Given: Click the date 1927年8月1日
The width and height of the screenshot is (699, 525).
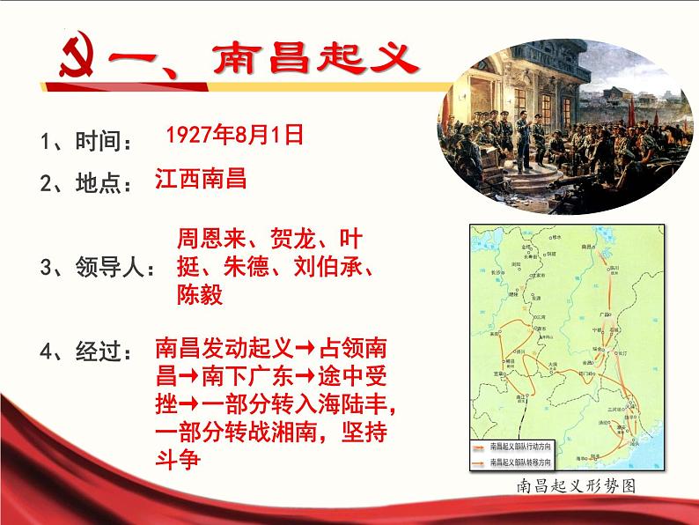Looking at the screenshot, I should [233, 134].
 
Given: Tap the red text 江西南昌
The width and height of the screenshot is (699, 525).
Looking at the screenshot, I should [200, 179].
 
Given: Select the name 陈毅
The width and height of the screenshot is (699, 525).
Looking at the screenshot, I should [200, 294].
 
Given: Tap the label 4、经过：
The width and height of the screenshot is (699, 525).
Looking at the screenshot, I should [87, 351].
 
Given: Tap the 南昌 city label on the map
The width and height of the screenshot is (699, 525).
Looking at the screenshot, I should [585, 248].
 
